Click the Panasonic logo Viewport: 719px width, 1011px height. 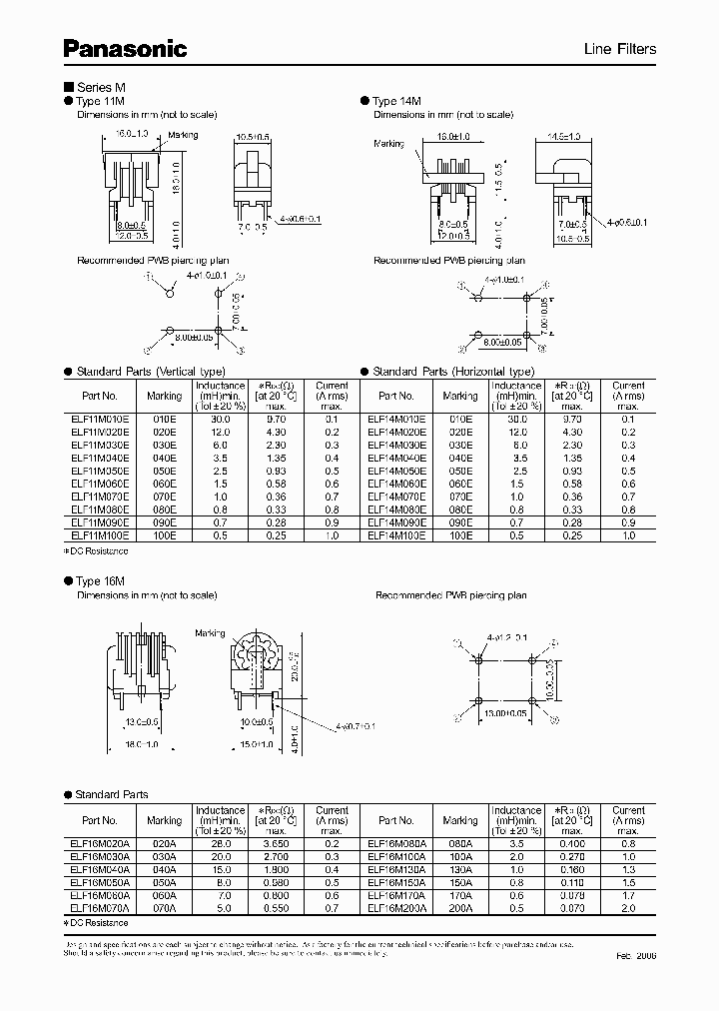click(126, 47)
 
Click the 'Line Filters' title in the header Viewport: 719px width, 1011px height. click(620, 49)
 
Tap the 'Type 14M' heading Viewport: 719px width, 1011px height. click(398, 101)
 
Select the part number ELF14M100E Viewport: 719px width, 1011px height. click(396, 536)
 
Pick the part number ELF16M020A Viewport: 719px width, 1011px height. click(100, 843)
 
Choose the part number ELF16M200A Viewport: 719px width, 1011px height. click(396, 908)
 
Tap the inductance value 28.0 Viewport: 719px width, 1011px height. click(221, 843)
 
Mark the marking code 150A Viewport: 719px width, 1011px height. click(459, 882)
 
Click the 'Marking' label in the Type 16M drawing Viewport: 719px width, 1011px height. click(210, 633)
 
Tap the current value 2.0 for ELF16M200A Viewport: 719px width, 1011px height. click(628, 908)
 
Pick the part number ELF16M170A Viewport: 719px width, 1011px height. click(396, 895)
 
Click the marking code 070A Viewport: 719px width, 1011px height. click(164, 908)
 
